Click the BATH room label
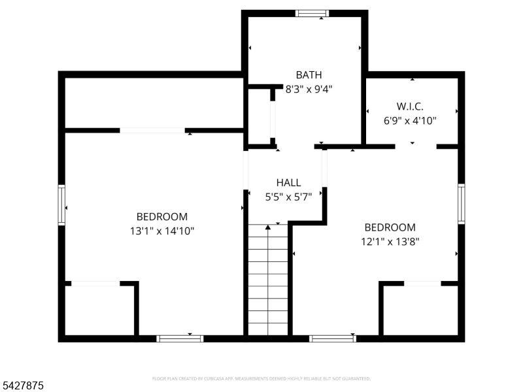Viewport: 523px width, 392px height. click(309, 75)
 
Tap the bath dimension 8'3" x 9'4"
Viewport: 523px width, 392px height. click(309, 90)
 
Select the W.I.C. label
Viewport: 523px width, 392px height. click(410, 106)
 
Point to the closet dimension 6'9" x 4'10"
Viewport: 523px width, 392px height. click(410, 120)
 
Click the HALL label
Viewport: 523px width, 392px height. click(288, 183)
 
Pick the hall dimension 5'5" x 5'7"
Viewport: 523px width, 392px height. click(288, 195)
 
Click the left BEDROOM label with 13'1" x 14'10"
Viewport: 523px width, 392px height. click(161, 217)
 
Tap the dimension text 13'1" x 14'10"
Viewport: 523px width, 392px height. click(161, 231)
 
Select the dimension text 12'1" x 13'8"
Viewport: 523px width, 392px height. click(390, 241)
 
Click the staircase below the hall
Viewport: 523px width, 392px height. click(268, 281)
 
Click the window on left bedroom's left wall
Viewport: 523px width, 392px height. click(62, 205)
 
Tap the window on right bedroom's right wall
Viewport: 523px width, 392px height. click(462, 203)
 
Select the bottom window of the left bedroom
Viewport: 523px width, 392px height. click(180, 338)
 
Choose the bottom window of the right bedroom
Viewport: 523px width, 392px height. click(333, 338)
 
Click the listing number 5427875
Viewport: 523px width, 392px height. click(24, 386)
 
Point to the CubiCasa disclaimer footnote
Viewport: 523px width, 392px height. click(261, 378)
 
